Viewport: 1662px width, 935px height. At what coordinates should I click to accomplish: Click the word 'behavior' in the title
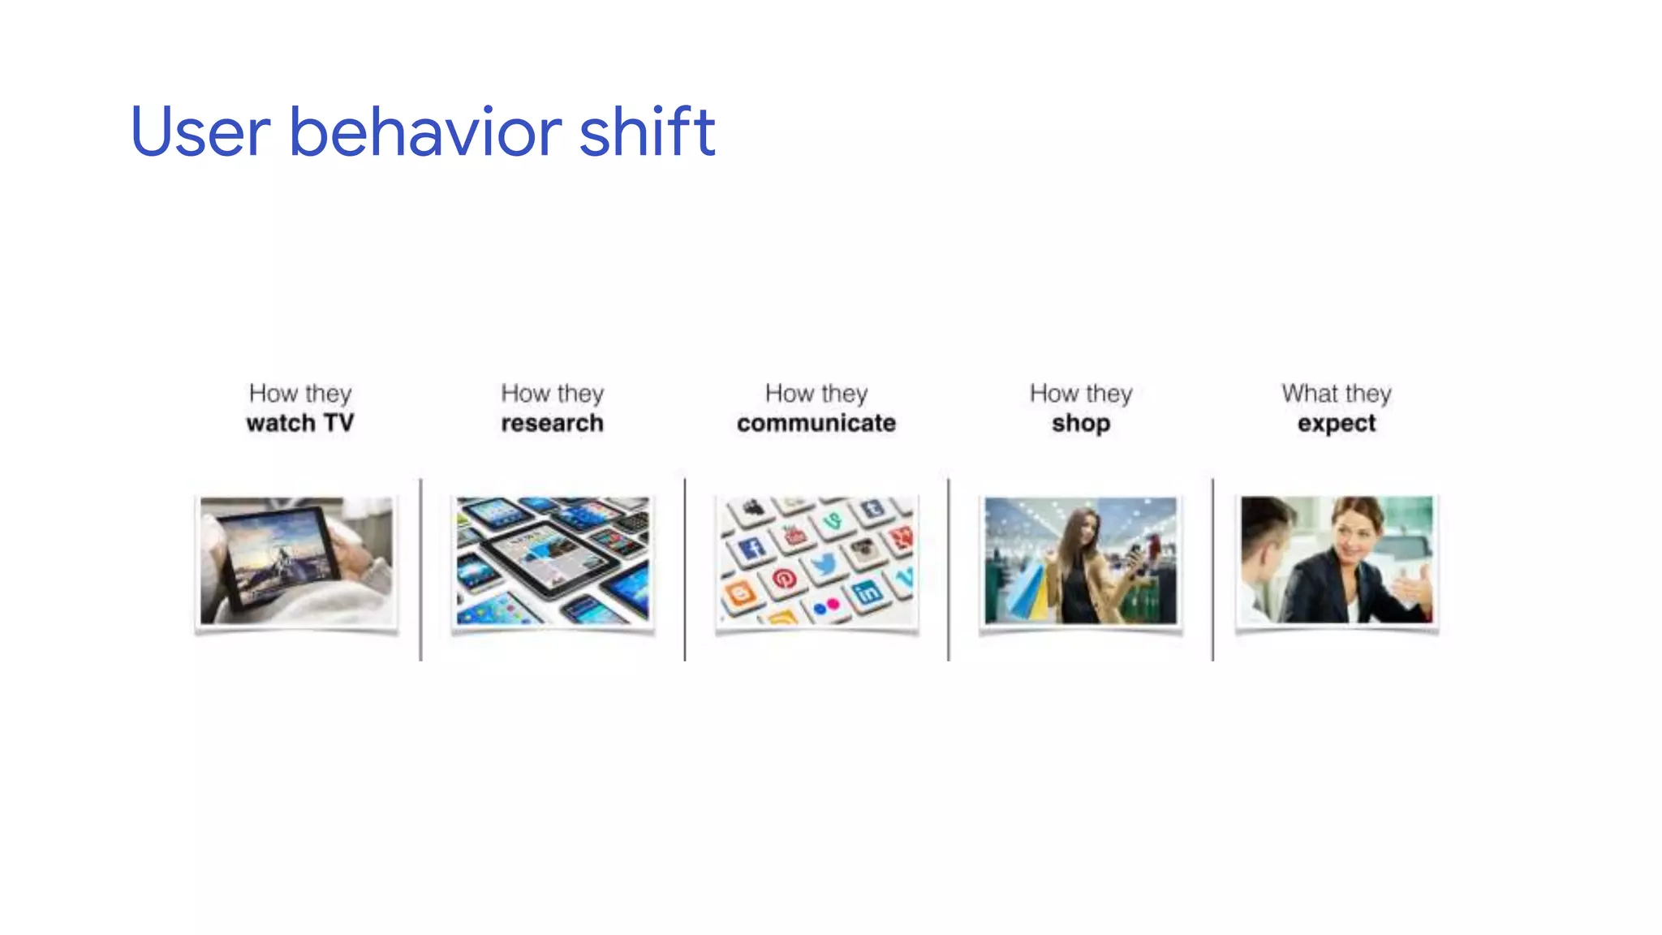click(x=425, y=131)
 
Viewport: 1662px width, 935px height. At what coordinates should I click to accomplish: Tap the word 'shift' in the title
click(x=647, y=131)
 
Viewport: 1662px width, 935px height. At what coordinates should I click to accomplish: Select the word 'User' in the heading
click(x=200, y=131)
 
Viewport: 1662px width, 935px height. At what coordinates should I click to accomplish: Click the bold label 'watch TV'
click(x=300, y=423)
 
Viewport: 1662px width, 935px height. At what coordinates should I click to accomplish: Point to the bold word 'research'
click(x=552, y=423)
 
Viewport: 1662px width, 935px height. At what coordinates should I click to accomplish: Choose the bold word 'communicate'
click(x=816, y=423)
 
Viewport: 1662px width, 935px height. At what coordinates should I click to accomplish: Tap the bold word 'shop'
click(x=1080, y=423)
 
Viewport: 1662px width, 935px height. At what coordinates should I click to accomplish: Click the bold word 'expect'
click(x=1337, y=423)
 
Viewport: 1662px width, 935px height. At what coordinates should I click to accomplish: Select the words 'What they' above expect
click(x=1337, y=394)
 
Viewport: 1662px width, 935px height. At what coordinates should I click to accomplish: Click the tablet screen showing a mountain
click(x=280, y=558)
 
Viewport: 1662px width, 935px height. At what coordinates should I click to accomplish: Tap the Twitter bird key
click(x=823, y=563)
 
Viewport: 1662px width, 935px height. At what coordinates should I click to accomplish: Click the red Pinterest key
click(x=784, y=579)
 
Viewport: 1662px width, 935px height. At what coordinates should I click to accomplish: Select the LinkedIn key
click(x=867, y=592)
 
